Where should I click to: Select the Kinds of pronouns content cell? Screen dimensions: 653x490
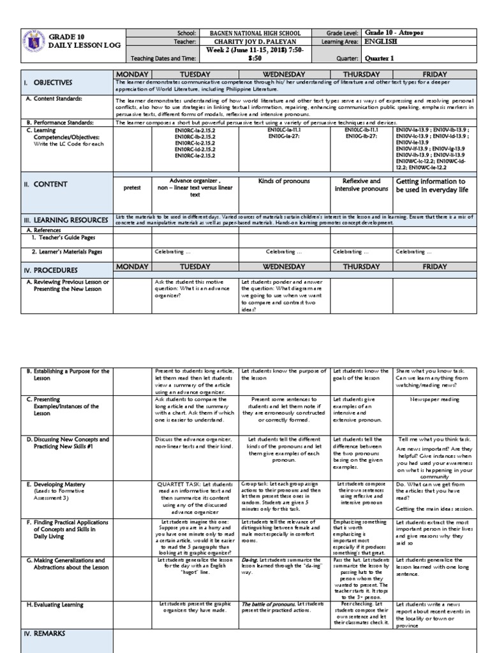point(284,182)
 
